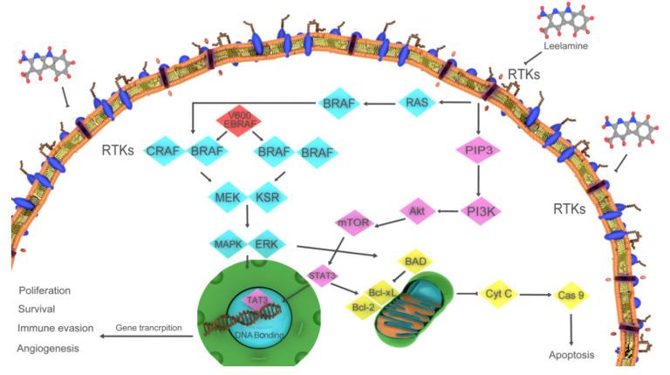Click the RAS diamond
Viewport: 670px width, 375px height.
click(417, 104)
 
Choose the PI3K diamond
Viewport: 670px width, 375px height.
click(478, 210)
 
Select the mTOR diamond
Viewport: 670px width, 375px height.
click(354, 223)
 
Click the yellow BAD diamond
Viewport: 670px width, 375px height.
click(417, 261)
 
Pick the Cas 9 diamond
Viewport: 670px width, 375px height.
click(571, 296)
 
